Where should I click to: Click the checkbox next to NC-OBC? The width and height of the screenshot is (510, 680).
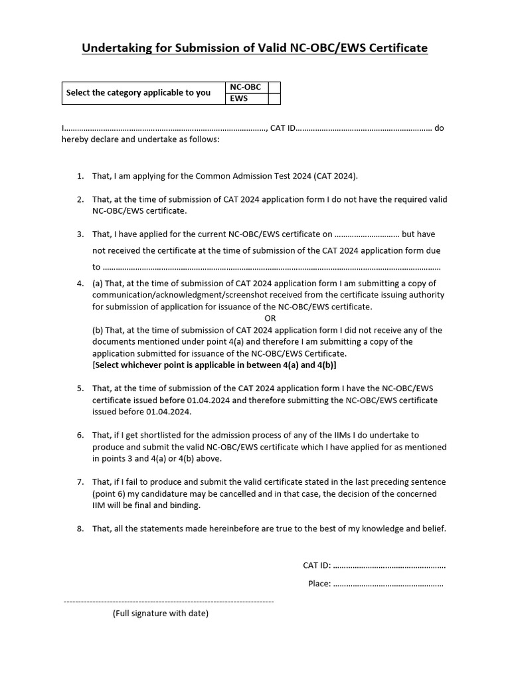(274, 88)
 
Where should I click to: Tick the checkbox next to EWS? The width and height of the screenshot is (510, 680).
(274, 99)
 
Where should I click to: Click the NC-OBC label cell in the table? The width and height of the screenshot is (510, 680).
(246, 88)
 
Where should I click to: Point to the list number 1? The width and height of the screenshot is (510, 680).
(80, 176)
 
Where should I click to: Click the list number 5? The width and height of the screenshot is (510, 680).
(80, 388)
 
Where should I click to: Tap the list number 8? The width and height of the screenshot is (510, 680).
(80, 529)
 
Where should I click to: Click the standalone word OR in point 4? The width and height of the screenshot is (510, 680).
(270, 318)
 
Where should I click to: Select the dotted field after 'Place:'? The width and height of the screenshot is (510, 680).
(388, 584)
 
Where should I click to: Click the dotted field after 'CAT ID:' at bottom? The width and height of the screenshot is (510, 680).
(389, 566)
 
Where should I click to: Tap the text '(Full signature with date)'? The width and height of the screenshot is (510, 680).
(160, 614)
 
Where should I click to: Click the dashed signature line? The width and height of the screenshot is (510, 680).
(168, 601)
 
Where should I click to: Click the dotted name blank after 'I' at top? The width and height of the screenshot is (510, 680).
(166, 128)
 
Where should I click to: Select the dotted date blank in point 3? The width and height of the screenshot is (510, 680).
(367, 234)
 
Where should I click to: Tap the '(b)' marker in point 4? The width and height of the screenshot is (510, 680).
(98, 330)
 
